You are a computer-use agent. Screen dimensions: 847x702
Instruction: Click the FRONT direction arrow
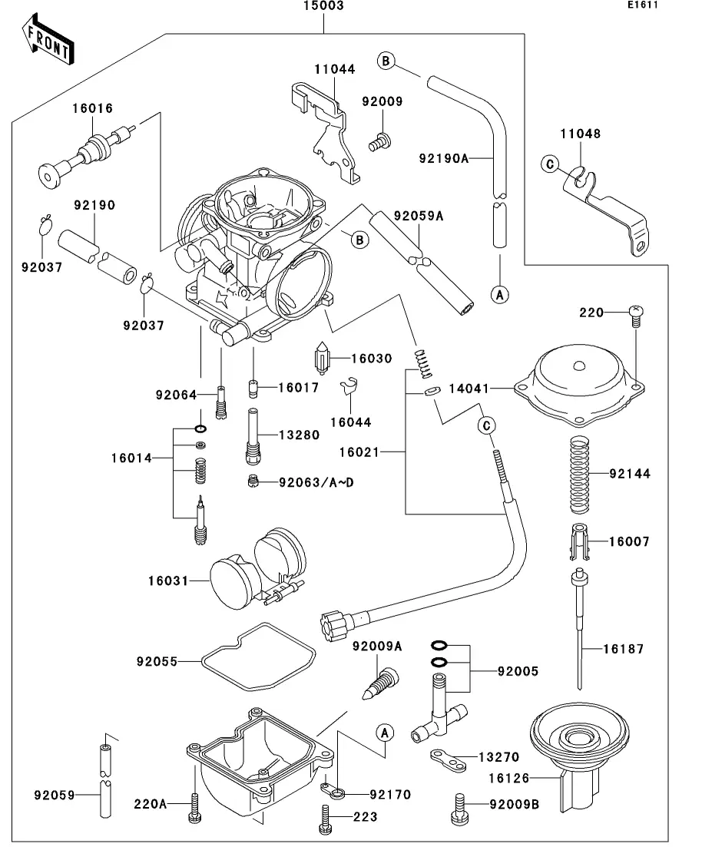[48, 42]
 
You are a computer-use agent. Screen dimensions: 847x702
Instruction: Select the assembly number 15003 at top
[323, 5]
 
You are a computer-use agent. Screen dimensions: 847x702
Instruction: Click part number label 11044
[334, 69]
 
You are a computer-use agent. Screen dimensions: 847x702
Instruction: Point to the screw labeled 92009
[379, 141]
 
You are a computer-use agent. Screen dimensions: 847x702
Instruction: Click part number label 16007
[629, 541]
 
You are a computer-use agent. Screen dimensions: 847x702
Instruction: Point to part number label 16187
[623, 649]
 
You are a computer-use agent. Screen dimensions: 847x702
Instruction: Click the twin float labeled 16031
[253, 568]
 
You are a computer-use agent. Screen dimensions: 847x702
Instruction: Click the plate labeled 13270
[449, 761]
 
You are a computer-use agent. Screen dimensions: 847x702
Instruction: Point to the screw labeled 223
[324, 817]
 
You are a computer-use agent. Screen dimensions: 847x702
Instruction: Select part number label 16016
[93, 109]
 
